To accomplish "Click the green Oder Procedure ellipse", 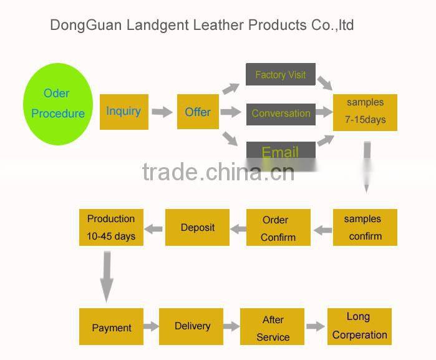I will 58,104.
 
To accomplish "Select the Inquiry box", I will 124,112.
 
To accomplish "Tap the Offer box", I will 198,112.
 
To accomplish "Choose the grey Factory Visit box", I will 280,75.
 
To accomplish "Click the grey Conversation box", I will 281,114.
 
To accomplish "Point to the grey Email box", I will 280,152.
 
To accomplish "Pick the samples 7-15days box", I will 365,111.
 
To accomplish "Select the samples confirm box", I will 365,228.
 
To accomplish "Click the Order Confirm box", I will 278,228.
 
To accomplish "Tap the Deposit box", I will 197,228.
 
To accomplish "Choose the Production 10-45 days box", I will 111,228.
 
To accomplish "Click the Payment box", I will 111,327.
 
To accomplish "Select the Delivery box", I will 191,326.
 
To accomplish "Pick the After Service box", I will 273,328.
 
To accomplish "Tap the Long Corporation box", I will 359,326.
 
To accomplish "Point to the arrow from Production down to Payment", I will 107,276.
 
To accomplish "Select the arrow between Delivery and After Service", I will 231,326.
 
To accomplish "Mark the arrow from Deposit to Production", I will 155,228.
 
